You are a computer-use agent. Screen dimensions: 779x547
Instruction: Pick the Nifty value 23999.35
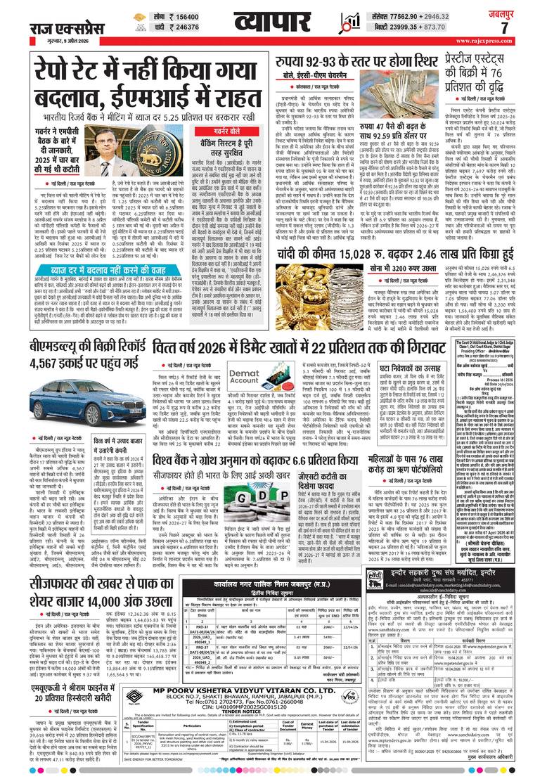click(399, 28)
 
